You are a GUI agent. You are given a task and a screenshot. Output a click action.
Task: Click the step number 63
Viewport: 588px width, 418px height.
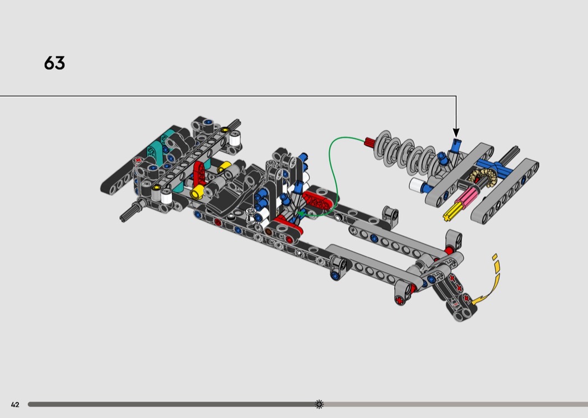pos(54,63)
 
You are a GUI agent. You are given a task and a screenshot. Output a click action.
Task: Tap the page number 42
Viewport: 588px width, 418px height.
pos(15,405)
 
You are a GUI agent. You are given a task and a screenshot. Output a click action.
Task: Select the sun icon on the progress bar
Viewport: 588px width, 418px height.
pos(319,404)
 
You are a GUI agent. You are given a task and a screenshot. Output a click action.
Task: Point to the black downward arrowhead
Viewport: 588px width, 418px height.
pos(456,133)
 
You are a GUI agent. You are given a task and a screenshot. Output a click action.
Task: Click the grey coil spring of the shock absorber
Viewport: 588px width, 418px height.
pos(407,154)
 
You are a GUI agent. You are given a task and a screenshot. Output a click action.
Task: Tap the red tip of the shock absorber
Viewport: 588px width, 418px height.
pos(369,142)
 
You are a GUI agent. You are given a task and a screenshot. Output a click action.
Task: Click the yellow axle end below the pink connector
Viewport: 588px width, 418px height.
pos(451,212)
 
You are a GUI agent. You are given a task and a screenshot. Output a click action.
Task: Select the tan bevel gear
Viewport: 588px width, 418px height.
pos(483,178)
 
